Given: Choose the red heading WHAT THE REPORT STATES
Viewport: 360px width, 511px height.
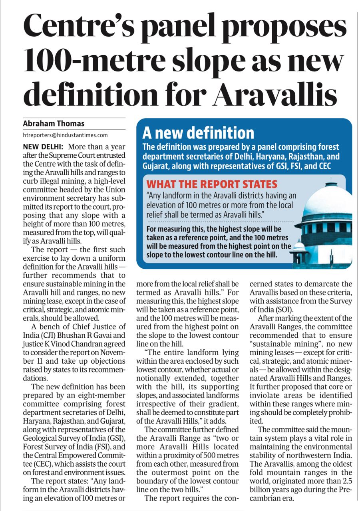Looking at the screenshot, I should tap(212, 184).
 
